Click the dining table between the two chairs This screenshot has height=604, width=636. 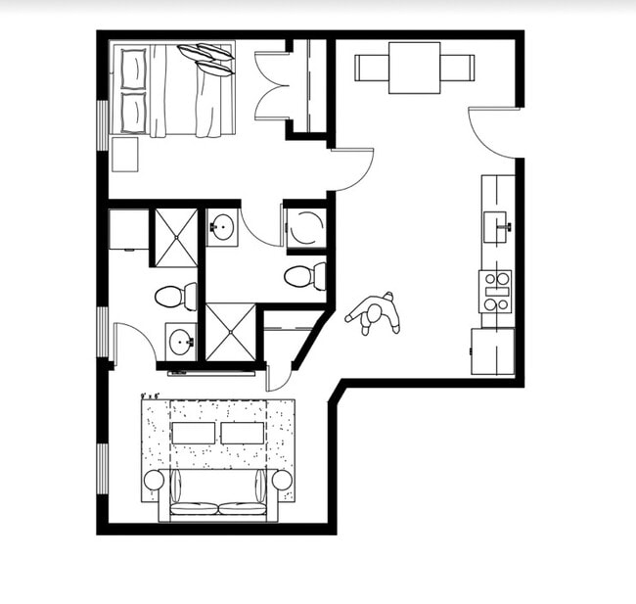[414, 68]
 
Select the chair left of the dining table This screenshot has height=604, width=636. [371, 68]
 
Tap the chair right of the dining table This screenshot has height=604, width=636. [457, 68]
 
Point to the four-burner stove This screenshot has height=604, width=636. [496, 291]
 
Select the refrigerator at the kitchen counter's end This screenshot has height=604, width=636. [492, 351]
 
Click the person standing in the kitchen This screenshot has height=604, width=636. [375, 314]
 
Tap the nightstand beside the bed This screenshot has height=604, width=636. [124, 154]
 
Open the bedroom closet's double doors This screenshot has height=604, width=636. [272, 85]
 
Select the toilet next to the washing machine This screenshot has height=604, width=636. [303, 276]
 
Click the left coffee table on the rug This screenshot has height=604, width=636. [193, 433]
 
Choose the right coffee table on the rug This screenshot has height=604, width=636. [242, 433]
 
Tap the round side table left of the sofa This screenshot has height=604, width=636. [154, 480]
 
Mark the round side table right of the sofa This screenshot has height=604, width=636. [282, 480]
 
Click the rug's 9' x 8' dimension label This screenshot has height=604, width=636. [151, 395]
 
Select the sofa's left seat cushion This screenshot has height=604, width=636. [194, 508]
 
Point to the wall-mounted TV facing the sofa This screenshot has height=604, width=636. [211, 373]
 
